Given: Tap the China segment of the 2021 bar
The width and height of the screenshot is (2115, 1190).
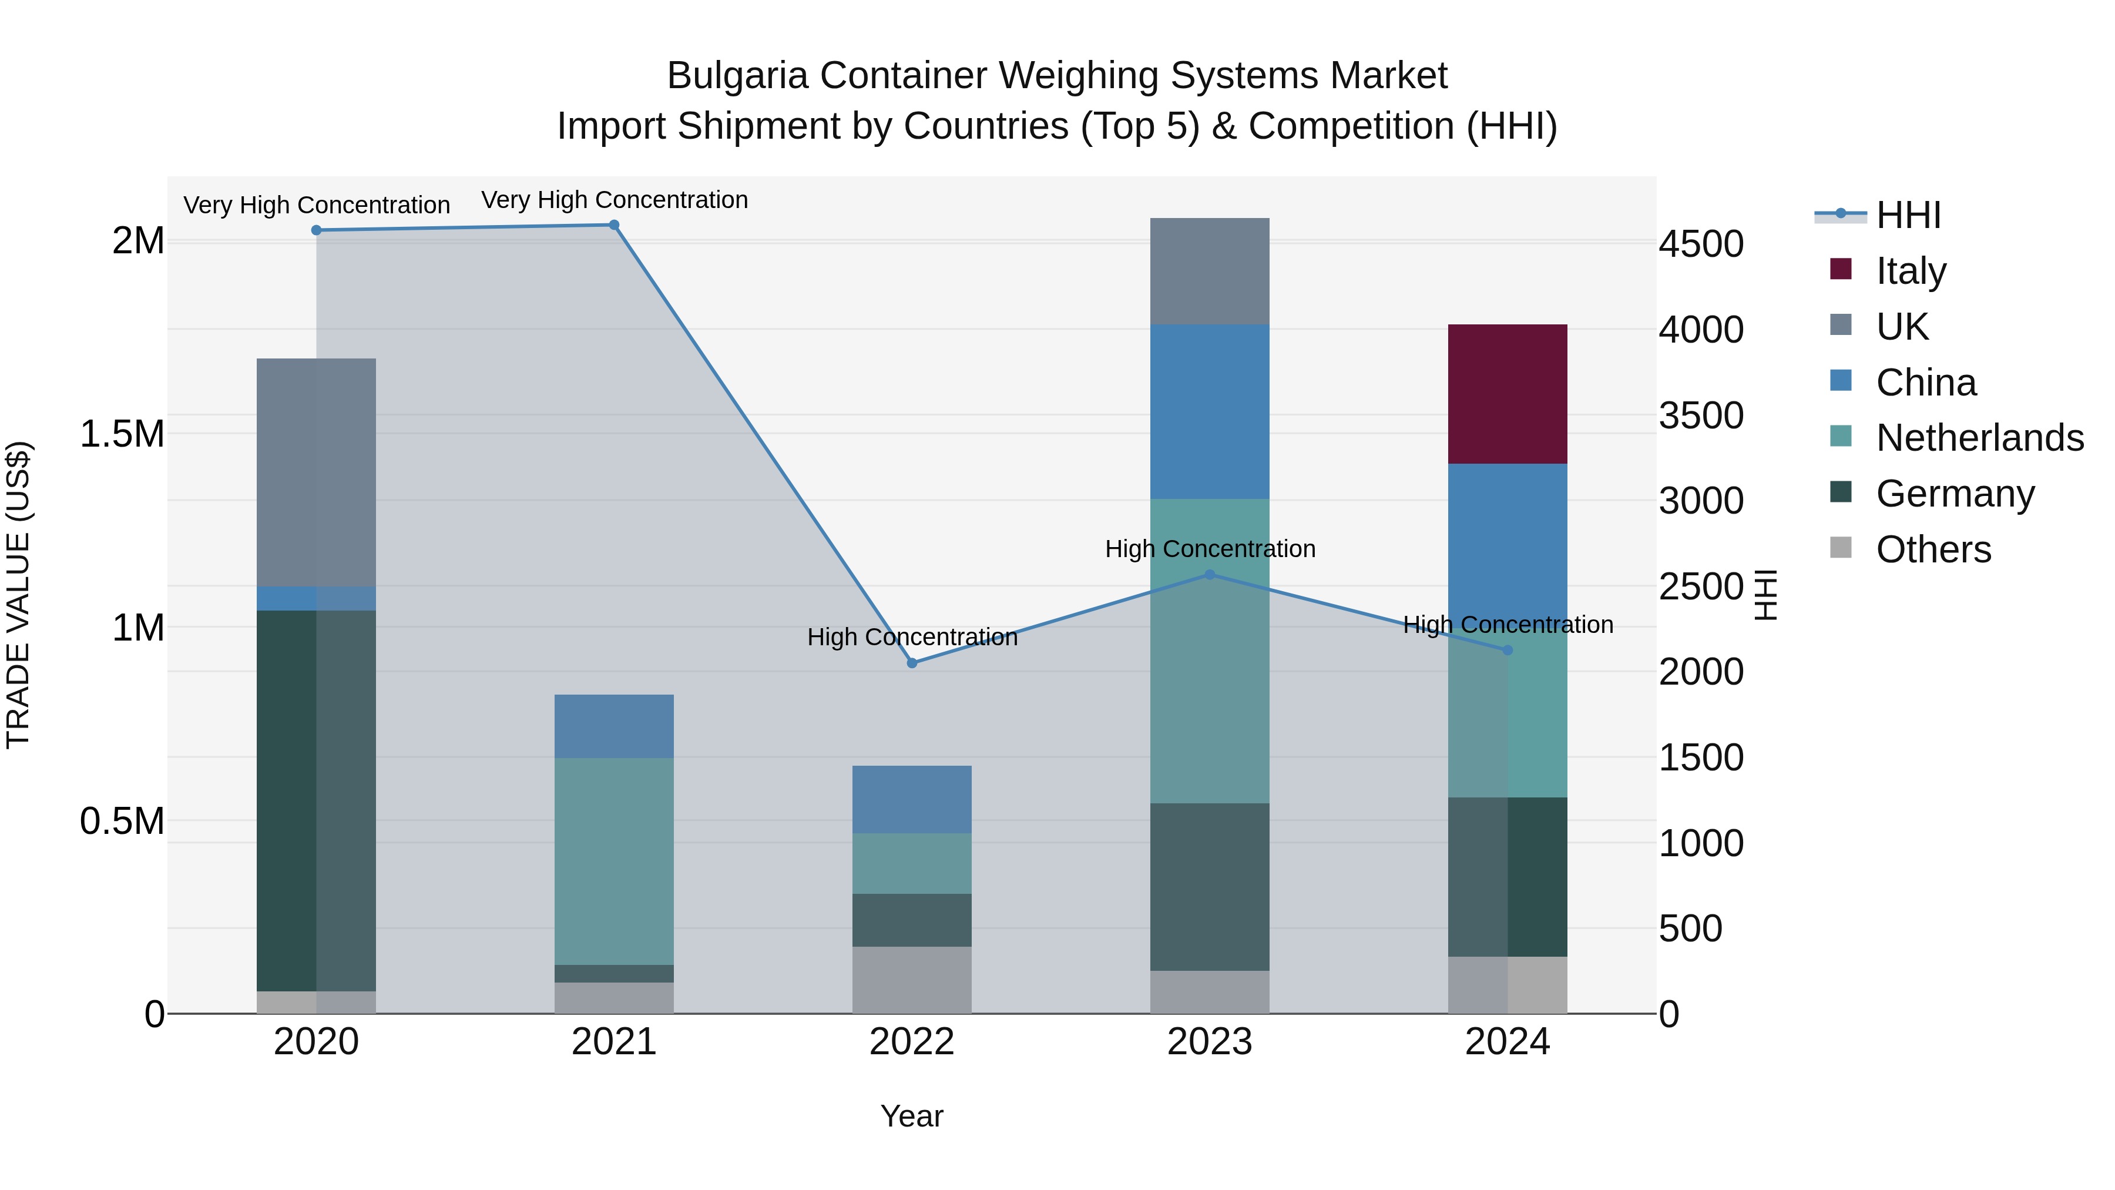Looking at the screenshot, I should tap(613, 726).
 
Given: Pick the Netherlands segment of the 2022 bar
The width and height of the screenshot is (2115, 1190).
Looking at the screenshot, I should tap(911, 863).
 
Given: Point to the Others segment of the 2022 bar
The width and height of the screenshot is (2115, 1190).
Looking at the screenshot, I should tap(911, 980).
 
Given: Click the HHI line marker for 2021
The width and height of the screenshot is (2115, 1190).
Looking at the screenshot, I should tap(613, 225).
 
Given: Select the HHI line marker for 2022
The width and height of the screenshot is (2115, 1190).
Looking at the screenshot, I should tap(911, 663).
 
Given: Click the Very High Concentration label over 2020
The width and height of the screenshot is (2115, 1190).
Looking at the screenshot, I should tap(316, 205).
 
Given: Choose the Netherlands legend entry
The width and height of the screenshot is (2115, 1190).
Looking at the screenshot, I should tap(1979, 438).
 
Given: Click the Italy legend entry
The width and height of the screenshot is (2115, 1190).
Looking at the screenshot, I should tap(1911, 271).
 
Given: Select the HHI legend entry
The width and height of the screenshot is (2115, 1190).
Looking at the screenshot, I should tap(1907, 215).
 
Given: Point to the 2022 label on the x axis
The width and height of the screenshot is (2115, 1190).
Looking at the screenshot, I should tap(911, 1042).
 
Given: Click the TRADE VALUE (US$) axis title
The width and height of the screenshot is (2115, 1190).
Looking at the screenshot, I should tap(18, 595).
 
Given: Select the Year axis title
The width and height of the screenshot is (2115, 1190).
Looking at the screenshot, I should tap(911, 1116).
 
